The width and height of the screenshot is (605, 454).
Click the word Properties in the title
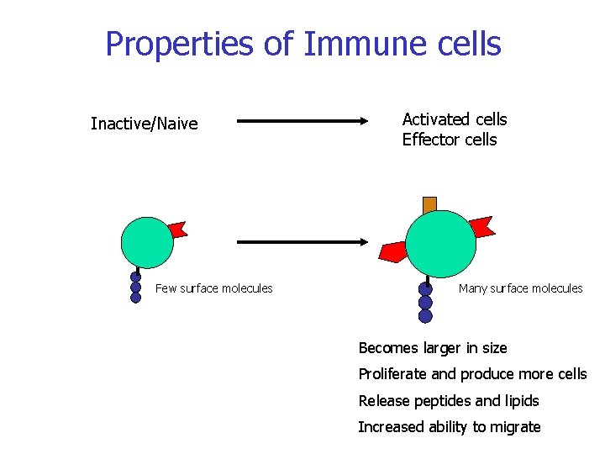(180, 44)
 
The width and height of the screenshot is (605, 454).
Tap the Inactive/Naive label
(144, 124)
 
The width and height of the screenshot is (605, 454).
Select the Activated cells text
(455, 119)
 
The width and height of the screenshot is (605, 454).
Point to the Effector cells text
(450, 140)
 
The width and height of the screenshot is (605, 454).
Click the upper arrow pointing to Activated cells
(302, 121)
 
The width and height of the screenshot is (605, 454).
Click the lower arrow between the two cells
(302, 242)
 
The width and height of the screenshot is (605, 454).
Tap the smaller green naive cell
(147, 241)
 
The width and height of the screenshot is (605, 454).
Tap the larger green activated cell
(440, 243)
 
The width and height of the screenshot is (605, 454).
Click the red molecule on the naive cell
(177, 229)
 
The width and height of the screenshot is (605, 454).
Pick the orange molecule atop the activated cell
(429, 203)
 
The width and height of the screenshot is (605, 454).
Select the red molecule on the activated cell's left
(392, 251)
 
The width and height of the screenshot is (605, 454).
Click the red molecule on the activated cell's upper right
(481, 226)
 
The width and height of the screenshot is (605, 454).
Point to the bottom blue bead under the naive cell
(135, 297)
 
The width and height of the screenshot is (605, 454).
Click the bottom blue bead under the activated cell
(425, 316)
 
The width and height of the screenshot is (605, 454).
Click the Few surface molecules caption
(214, 288)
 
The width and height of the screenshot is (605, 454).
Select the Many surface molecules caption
(520, 288)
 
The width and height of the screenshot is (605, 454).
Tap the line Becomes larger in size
(433, 348)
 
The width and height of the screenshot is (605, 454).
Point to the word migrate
(514, 427)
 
